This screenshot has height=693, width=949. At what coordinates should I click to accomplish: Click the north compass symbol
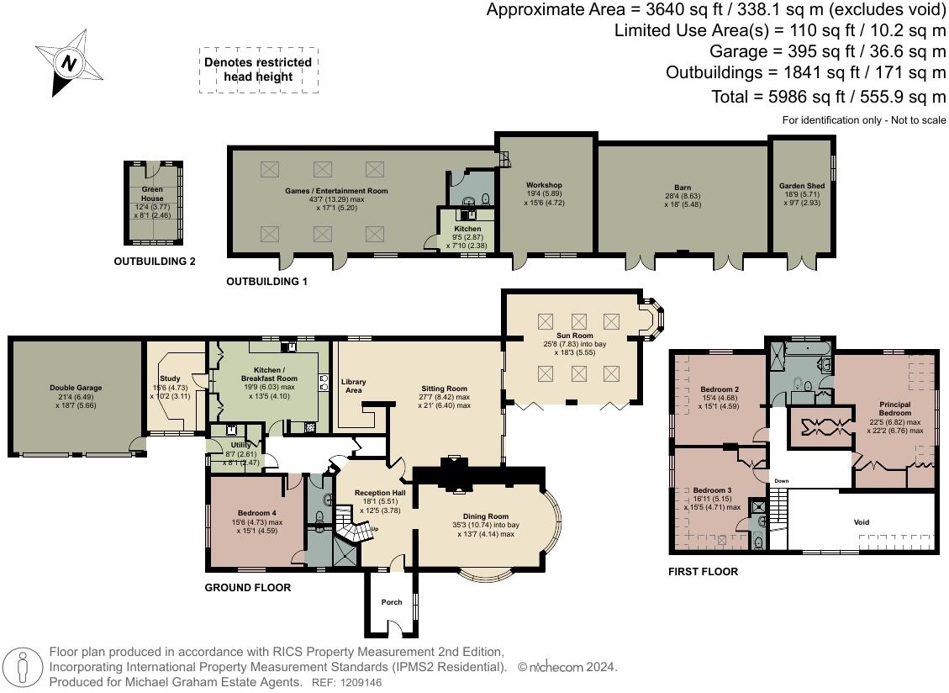click(68, 62)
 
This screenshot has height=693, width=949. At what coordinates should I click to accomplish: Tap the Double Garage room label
click(76, 388)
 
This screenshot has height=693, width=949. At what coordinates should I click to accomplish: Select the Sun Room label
click(574, 335)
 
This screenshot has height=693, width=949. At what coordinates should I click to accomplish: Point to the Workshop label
click(544, 185)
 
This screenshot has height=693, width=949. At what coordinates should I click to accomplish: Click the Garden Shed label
click(802, 186)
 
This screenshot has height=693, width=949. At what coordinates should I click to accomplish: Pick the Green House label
click(152, 193)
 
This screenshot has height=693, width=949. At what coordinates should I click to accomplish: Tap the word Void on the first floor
click(862, 522)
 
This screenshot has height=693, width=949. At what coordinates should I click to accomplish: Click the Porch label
click(392, 602)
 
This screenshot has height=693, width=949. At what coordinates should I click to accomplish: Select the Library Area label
click(353, 386)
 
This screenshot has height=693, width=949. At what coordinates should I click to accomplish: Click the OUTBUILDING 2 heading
click(155, 262)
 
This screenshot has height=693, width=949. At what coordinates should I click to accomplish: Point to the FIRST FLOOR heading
click(703, 571)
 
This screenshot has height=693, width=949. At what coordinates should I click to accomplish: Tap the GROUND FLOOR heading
click(247, 587)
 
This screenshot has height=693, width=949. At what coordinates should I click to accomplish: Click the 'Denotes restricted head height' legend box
click(258, 70)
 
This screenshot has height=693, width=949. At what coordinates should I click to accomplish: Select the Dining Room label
click(485, 516)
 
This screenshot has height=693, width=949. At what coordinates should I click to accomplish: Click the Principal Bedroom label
click(895, 409)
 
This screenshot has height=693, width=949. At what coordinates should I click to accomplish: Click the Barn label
click(682, 188)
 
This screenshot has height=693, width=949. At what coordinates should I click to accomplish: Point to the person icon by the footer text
click(23, 668)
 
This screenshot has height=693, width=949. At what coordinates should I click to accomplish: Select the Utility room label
click(240, 445)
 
